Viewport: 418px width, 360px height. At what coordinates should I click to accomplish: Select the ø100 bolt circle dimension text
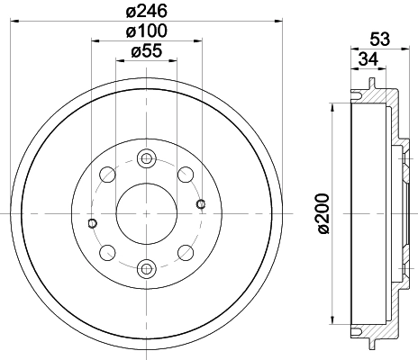point(146,31)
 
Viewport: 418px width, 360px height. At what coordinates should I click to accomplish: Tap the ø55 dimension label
point(146,52)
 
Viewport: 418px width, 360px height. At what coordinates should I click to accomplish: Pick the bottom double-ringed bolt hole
point(146,266)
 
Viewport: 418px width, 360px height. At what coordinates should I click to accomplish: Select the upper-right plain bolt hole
point(186,173)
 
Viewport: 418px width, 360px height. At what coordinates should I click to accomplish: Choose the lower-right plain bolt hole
point(186,251)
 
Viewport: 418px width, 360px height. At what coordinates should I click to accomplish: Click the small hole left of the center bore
point(92,222)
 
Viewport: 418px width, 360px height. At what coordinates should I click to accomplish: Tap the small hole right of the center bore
point(200,202)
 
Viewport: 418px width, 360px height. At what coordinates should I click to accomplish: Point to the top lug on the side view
point(371,86)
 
